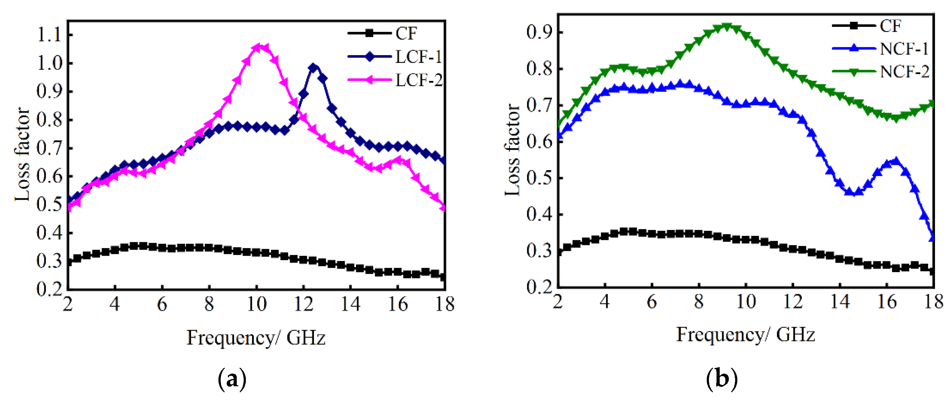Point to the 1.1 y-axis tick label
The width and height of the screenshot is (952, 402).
[x=49, y=35]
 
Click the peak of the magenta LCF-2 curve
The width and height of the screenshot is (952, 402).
[x=258, y=47]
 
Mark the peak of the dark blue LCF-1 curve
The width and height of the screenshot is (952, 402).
[x=313, y=67]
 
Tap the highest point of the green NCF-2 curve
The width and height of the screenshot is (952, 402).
[x=727, y=26]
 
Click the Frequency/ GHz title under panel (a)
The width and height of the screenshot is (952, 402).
[x=256, y=337]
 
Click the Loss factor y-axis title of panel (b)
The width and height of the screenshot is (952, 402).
[x=513, y=150]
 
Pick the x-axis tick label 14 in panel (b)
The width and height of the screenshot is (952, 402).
[x=840, y=301]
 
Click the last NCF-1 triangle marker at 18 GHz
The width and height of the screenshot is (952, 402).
[x=932, y=236]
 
